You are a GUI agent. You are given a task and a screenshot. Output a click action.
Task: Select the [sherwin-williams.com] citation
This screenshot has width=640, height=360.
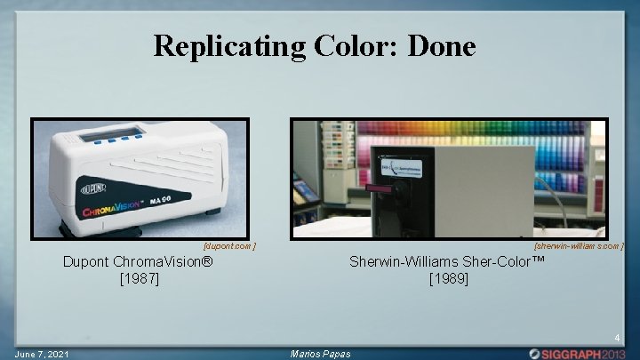(579, 245)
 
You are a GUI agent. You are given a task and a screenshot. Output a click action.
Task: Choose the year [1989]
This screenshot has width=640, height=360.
(449, 278)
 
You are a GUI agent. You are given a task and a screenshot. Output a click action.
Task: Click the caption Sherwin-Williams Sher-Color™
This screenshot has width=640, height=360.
(449, 262)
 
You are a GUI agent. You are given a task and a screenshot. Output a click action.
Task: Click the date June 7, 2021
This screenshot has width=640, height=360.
(41, 354)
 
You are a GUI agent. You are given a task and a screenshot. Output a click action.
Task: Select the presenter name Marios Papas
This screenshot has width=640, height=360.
(321, 354)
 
